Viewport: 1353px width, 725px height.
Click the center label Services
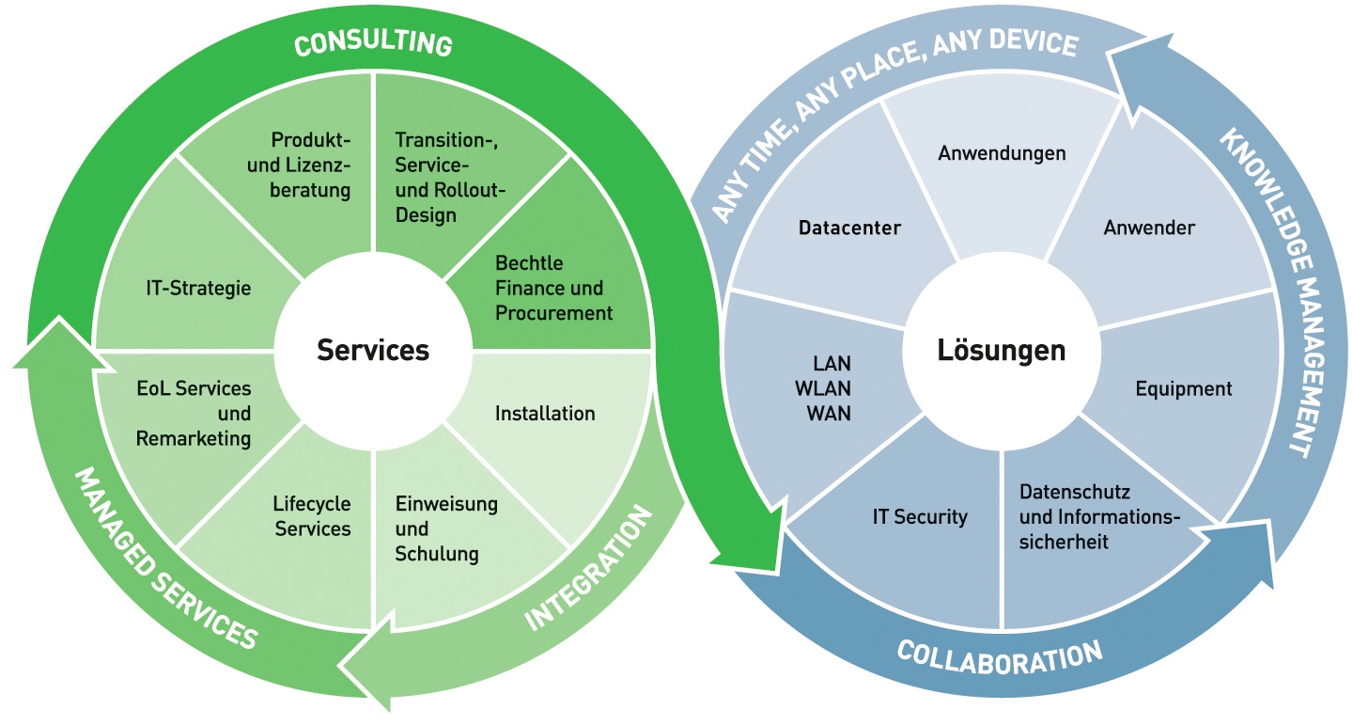click(x=373, y=351)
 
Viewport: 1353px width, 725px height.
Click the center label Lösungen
click(x=1002, y=351)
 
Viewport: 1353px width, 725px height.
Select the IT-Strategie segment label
click(x=198, y=288)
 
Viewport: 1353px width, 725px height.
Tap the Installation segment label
click(x=545, y=413)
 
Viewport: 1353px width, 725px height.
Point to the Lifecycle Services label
click(x=313, y=516)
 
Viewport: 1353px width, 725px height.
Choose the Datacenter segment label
click(x=849, y=228)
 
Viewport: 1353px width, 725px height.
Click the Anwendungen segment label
click(x=1002, y=152)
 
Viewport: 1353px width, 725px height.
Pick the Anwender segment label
click(x=1149, y=228)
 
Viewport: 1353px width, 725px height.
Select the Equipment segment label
click(x=1183, y=388)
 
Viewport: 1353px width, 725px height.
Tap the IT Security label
click(x=920, y=516)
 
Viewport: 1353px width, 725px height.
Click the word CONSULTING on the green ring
click(x=373, y=44)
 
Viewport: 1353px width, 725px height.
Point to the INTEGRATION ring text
click(x=588, y=568)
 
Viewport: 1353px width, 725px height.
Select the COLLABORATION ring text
click(x=999, y=654)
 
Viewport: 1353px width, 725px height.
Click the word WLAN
click(x=829, y=388)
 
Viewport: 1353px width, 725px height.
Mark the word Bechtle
click(x=529, y=263)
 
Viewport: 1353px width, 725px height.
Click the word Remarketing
click(x=194, y=438)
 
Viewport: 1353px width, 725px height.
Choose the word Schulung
click(x=437, y=553)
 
